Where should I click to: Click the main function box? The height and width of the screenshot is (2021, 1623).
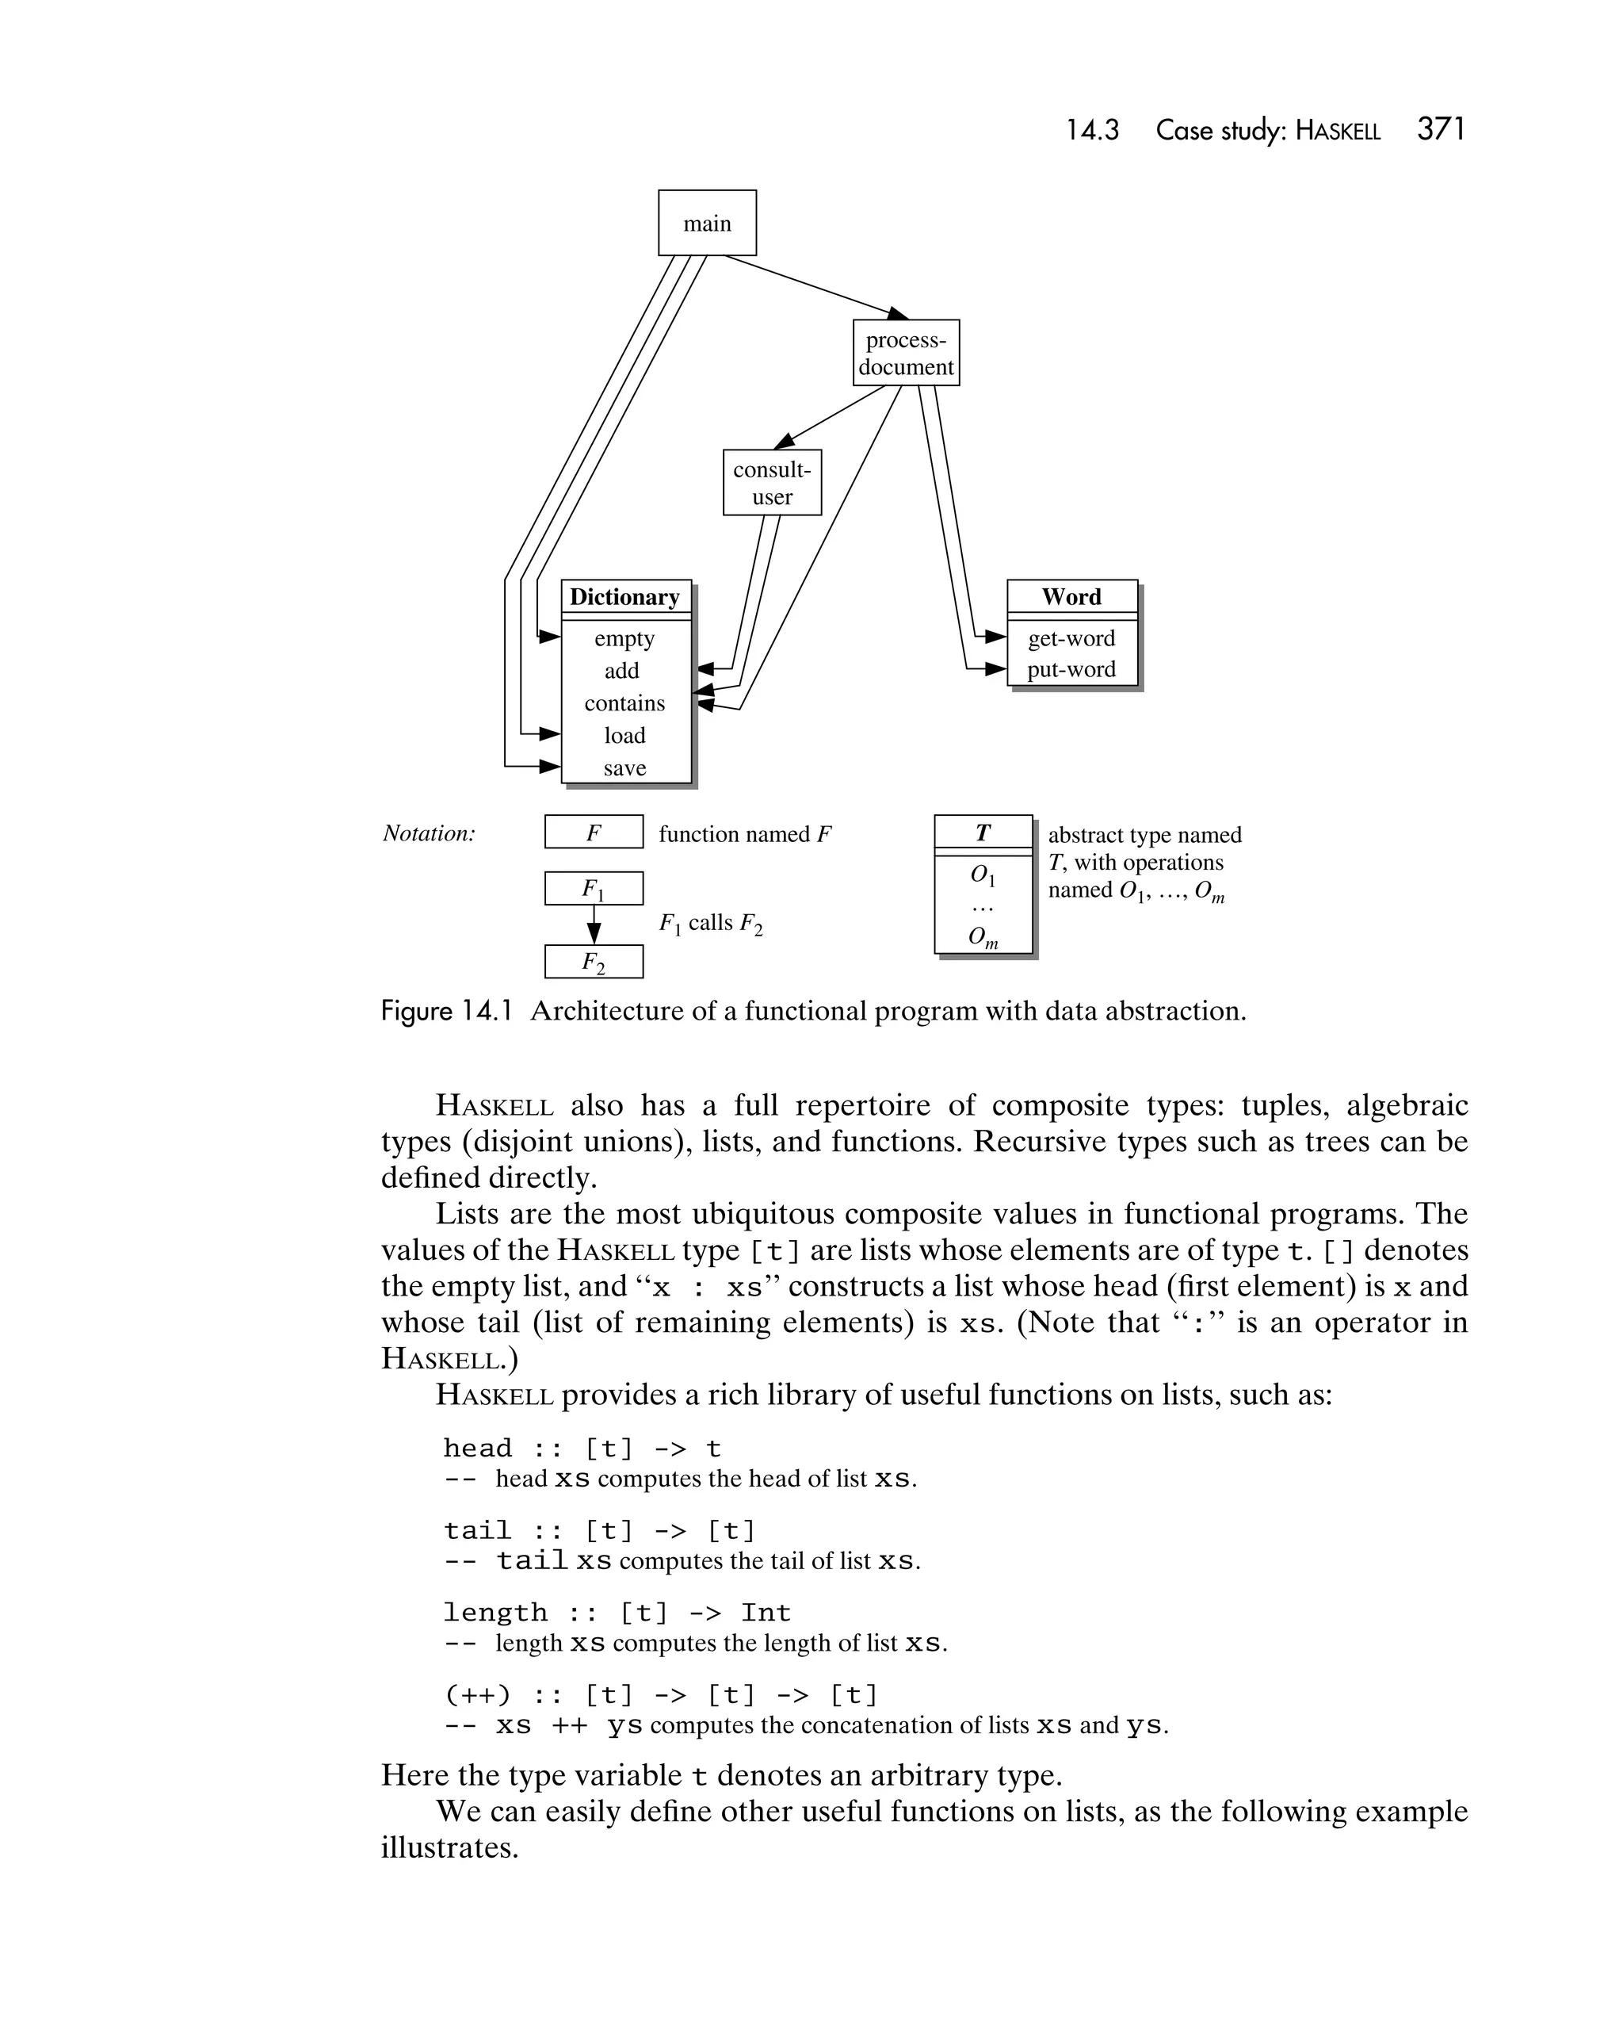click(x=707, y=223)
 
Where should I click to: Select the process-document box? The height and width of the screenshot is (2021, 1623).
click(x=905, y=354)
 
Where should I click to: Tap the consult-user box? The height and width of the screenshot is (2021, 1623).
click(x=771, y=483)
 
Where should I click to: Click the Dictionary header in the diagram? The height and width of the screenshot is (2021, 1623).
click(x=625, y=597)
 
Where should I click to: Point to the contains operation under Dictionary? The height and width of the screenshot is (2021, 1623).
click(x=624, y=703)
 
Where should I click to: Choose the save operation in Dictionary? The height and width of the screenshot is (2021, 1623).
click(x=624, y=768)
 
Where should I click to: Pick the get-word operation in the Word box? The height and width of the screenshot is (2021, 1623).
click(x=1071, y=638)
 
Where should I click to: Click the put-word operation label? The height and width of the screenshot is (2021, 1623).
click(x=1071, y=669)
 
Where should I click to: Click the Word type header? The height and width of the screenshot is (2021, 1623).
click(x=1071, y=597)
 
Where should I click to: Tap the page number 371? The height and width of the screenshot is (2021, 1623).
click(x=1440, y=129)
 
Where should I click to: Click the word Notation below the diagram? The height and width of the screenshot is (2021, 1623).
click(x=428, y=833)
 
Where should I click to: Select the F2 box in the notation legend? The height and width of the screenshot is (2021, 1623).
click(x=593, y=962)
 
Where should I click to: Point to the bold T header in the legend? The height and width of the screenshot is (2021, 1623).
click(x=982, y=833)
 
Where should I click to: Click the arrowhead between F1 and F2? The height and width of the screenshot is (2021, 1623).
click(x=593, y=934)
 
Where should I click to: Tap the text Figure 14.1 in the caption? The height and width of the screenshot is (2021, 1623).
click(x=446, y=1012)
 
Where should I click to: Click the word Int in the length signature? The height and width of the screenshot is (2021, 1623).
click(x=765, y=1613)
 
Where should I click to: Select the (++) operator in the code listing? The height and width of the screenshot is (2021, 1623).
click(x=477, y=1696)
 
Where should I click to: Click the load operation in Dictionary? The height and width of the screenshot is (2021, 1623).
click(x=624, y=736)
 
